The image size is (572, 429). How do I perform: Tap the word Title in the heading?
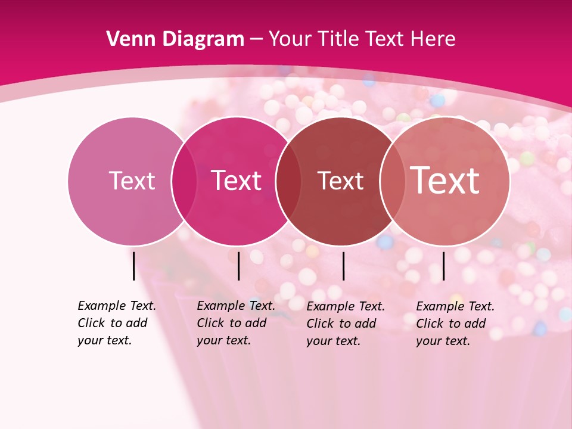click(338, 39)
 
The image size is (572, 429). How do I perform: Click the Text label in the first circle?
click(132, 181)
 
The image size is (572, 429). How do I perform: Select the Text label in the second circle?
click(236, 181)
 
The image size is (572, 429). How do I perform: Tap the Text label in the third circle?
click(340, 181)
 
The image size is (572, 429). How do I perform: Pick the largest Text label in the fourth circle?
click(445, 181)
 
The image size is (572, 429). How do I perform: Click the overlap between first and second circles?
click(184, 181)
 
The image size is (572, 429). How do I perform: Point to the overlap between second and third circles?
click(288, 181)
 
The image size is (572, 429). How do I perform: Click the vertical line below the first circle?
click(133, 266)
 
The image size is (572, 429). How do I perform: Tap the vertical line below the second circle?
click(238, 266)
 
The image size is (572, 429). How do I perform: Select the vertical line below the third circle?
click(343, 266)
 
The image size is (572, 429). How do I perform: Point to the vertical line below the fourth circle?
click(443, 266)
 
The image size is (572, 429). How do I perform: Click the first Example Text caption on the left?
click(117, 323)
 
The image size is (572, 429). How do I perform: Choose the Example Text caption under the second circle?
click(236, 323)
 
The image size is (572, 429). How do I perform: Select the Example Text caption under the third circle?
click(346, 324)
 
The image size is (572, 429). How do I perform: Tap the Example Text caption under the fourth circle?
click(455, 324)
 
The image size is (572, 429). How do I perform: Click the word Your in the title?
click(290, 39)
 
